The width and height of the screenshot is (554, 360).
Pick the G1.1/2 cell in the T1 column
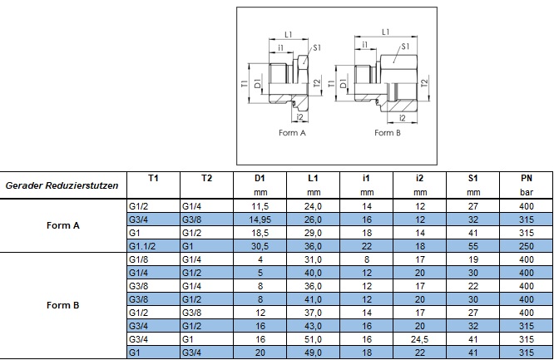click(x=143, y=247)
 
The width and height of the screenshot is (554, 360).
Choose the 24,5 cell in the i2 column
click(x=420, y=341)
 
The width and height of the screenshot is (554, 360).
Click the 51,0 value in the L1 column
click(x=313, y=341)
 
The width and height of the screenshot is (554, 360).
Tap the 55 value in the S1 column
click(x=472, y=247)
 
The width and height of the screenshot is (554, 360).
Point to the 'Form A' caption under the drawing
click(x=292, y=131)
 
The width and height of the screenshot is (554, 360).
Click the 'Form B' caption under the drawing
click(x=388, y=131)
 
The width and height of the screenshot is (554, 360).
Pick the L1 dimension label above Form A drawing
click(x=288, y=34)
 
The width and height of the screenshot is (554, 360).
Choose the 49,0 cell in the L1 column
click(x=313, y=354)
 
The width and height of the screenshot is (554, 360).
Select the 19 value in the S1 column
click(x=472, y=260)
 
